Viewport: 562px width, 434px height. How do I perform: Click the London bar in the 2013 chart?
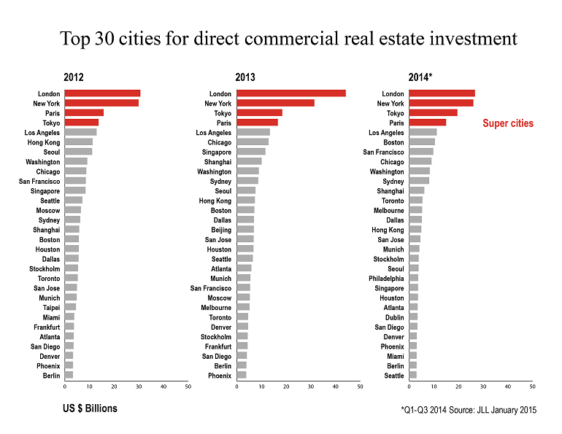[x=290, y=93]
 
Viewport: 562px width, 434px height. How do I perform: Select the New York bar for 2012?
[x=101, y=103]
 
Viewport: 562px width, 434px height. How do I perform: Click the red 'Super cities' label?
[x=508, y=124]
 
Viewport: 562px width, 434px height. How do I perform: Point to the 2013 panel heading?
[x=245, y=77]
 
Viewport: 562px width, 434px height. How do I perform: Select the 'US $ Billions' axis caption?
[x=90, y=408]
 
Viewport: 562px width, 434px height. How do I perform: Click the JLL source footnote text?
[x=469, y=411]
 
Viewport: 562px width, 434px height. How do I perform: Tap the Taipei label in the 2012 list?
[x=51, y=307]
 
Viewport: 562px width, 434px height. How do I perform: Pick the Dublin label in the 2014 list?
[x=394, y=317]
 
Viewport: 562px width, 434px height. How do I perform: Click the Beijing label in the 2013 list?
[x=221, y=230]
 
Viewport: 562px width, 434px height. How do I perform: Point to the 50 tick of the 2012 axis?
[x=188, y=387]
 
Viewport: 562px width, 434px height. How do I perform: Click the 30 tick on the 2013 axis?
[x=311, y=387]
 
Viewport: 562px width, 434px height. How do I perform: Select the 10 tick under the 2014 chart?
[x=434, y=387]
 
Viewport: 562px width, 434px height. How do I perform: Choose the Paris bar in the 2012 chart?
[x=84, y=113]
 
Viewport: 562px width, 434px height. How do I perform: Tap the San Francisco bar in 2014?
[x=420, y=152]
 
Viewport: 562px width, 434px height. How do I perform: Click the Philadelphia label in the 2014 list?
[x=386, y=278]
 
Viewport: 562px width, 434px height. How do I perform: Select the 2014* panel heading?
[x=420, y=77]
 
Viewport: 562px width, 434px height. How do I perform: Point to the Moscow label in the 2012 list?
[x=48, y=210]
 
